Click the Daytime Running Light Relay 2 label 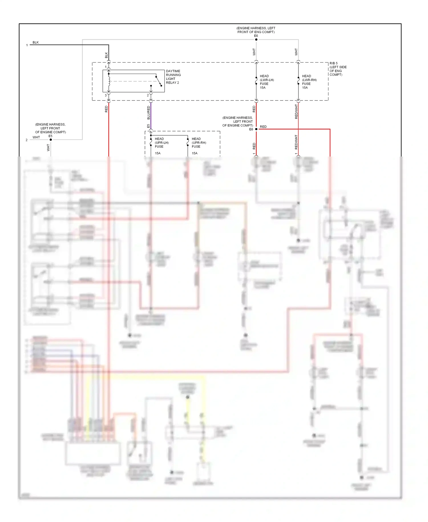tap(173, 77)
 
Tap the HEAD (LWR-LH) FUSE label tap(267, 82)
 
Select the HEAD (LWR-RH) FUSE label tap(309, 82)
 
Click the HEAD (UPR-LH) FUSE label tap(161, 142)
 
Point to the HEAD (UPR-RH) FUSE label tap(199, 142)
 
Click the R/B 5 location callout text tap(338, 69)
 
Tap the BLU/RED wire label tap(148, 113)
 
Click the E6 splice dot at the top tap(256, 40)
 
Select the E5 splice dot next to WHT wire tap(51, 140)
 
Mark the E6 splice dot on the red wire tap(256, 129)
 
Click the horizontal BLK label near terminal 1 tap(36, 43)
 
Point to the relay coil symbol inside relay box tap(109, 81)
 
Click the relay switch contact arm tap(158, 81)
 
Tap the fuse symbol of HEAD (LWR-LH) tap(256, 81)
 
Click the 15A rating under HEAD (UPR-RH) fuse tap(195, 153)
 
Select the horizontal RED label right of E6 tap(263, 127)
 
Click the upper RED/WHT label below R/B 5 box tap(296, 112)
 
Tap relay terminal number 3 tap(106, 95)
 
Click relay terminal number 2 tap(148, 95)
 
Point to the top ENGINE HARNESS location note tap(256, 30)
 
